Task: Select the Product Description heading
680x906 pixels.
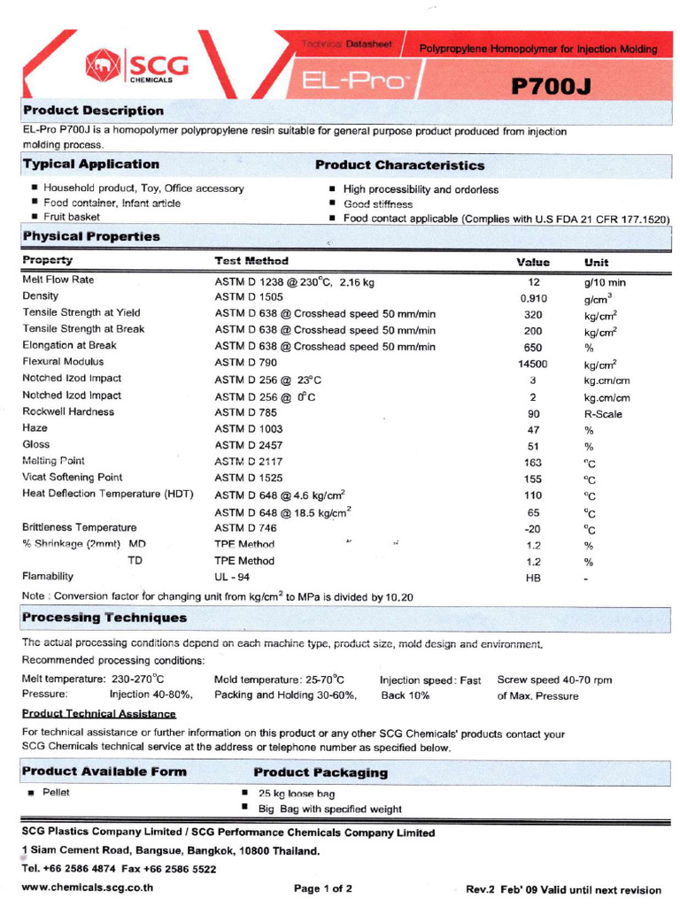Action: point(93,111)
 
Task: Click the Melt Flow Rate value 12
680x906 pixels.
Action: point(533,281)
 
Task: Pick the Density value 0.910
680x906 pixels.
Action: point(533,298)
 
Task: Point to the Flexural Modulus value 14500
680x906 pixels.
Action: point(533,364)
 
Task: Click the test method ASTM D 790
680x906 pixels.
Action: point(245,363)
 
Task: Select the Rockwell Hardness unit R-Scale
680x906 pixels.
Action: point(602,413)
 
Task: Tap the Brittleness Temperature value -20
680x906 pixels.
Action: point(533,529)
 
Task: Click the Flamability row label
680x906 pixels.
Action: point(48,577)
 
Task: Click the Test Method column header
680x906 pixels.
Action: point(251,261)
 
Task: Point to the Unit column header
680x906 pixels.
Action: point(596,263)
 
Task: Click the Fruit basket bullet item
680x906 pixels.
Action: point(71,217)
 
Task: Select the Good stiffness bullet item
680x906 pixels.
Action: point(378,204)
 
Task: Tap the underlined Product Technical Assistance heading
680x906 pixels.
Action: point(99,713)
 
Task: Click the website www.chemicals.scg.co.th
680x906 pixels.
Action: point(87,887)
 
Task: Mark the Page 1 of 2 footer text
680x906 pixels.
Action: point(323,887)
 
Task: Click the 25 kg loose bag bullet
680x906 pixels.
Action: point(297,794)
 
